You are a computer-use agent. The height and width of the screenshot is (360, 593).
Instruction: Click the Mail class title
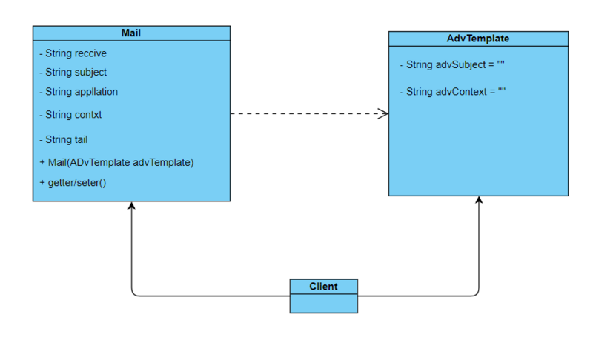pos(131,33)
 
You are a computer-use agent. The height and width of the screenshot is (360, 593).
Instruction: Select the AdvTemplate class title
pos(478,39)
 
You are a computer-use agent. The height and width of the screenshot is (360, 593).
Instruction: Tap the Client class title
pos(323,287)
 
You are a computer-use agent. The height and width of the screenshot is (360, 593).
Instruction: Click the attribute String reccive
pos(73,53)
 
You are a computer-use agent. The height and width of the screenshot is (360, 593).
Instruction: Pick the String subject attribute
pos(73,72)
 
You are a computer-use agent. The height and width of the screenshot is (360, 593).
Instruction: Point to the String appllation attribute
pos(79,92)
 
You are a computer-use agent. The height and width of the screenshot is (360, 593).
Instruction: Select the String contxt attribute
pos(70,115)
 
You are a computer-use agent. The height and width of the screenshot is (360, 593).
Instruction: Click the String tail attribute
pos(64,139)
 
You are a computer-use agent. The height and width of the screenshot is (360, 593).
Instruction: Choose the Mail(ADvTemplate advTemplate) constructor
pos(116,162)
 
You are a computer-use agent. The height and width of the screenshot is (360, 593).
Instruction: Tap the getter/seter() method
pos(73,183)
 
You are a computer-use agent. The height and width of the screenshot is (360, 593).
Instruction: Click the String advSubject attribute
pos(452,65)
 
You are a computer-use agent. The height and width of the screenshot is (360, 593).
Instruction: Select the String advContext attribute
pos(453,92)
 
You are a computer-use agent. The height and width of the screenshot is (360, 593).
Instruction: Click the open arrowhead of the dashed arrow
pos(383,113)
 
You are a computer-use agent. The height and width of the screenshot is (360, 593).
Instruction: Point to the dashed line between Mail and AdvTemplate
pos(309,113)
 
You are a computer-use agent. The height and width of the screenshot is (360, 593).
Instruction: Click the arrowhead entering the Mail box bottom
pos(131,205)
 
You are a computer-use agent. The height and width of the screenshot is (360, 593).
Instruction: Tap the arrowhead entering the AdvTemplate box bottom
pos(479,200)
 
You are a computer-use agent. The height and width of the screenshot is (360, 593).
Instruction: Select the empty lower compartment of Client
pos(324,304)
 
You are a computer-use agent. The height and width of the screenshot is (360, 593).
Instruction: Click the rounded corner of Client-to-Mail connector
pos(133,294)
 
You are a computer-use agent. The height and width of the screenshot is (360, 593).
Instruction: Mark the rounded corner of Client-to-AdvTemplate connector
pos(477,294)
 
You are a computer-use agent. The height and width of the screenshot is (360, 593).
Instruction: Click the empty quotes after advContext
pos(502,90)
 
